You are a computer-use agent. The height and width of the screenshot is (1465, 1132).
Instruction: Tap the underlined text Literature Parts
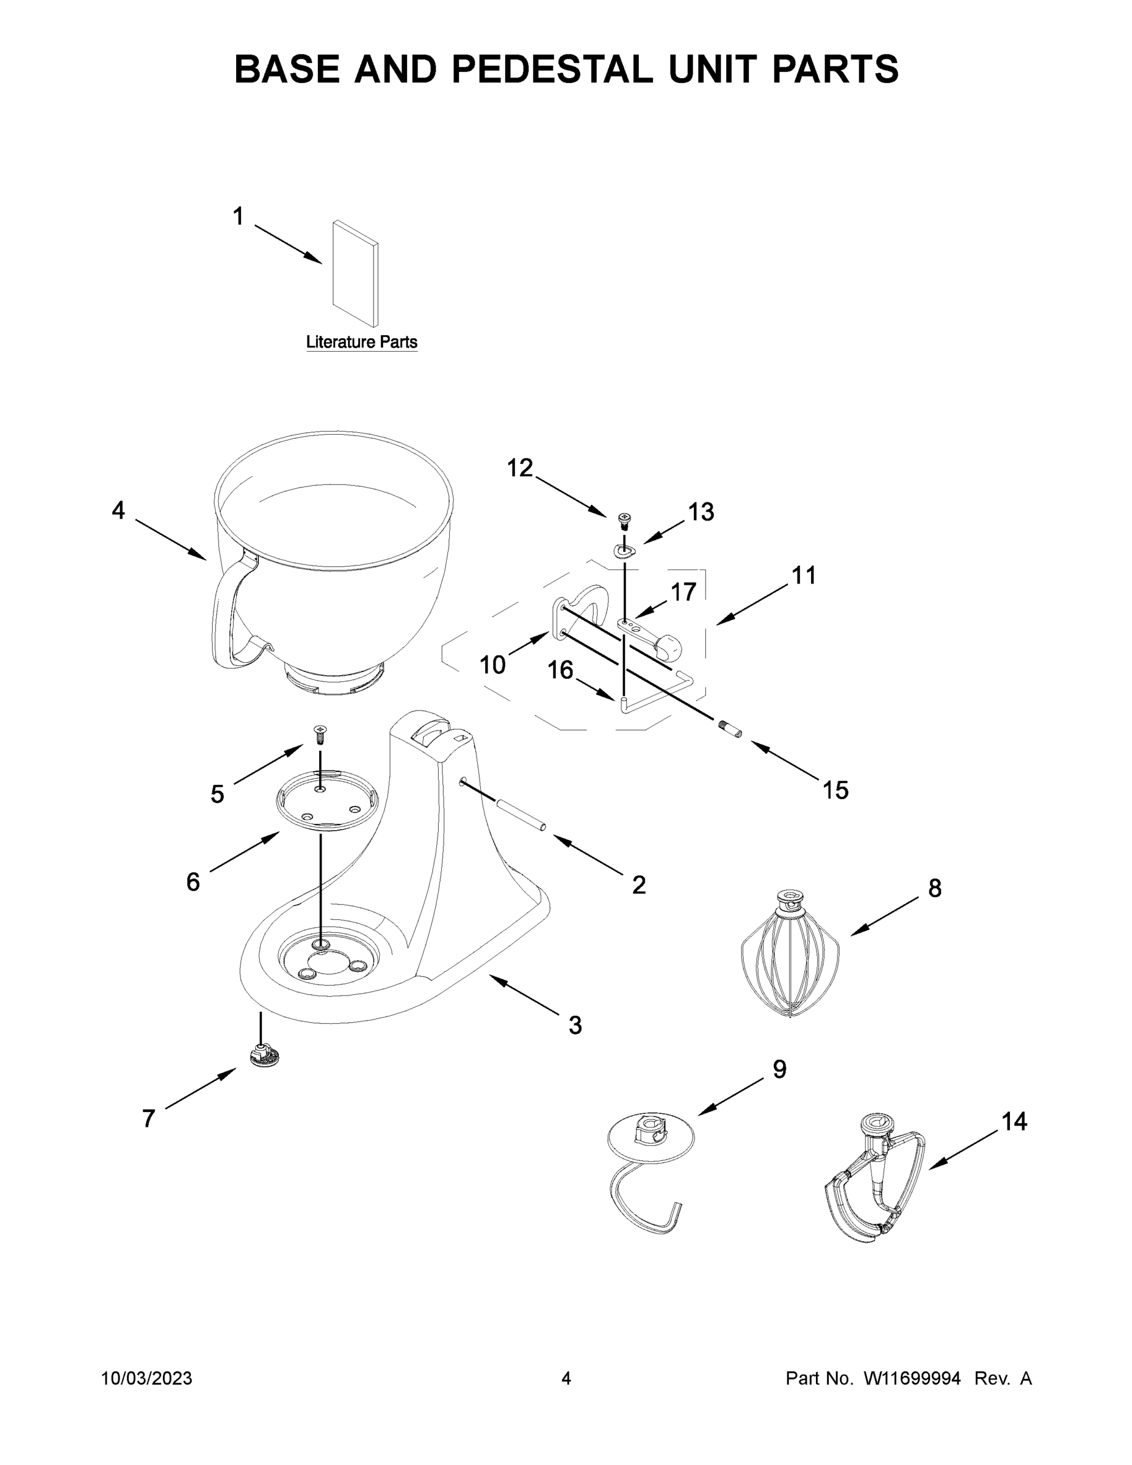click(x=361, y=342)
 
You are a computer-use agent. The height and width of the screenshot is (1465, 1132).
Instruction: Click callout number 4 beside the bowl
click(x=118, y=510)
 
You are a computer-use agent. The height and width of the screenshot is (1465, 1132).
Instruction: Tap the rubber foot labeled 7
click(x=265, y=1055)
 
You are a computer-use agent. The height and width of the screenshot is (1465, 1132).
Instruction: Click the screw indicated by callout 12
click(x=625, y=520)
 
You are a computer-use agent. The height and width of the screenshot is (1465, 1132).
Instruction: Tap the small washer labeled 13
click(x=624, y=551)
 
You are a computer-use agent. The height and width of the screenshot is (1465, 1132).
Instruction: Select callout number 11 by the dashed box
click(x=804, y=575)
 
